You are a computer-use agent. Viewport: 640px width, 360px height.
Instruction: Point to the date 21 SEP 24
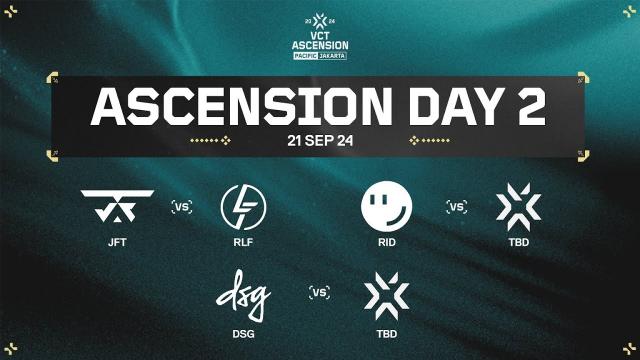(x=319, y=140)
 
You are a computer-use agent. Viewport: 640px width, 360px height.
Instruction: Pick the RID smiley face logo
(x=386, y=207)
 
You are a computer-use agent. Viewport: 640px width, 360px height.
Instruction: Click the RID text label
(x=386, y=240)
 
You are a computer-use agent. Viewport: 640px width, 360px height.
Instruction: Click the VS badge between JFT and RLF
(x=181, y=207)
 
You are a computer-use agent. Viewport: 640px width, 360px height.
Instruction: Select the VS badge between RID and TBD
(x=456, y=207)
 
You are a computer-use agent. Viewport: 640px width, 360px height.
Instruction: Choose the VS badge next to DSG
(x=319, y=293)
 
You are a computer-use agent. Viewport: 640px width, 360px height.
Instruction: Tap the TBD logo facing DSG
(x=387, y=292)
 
